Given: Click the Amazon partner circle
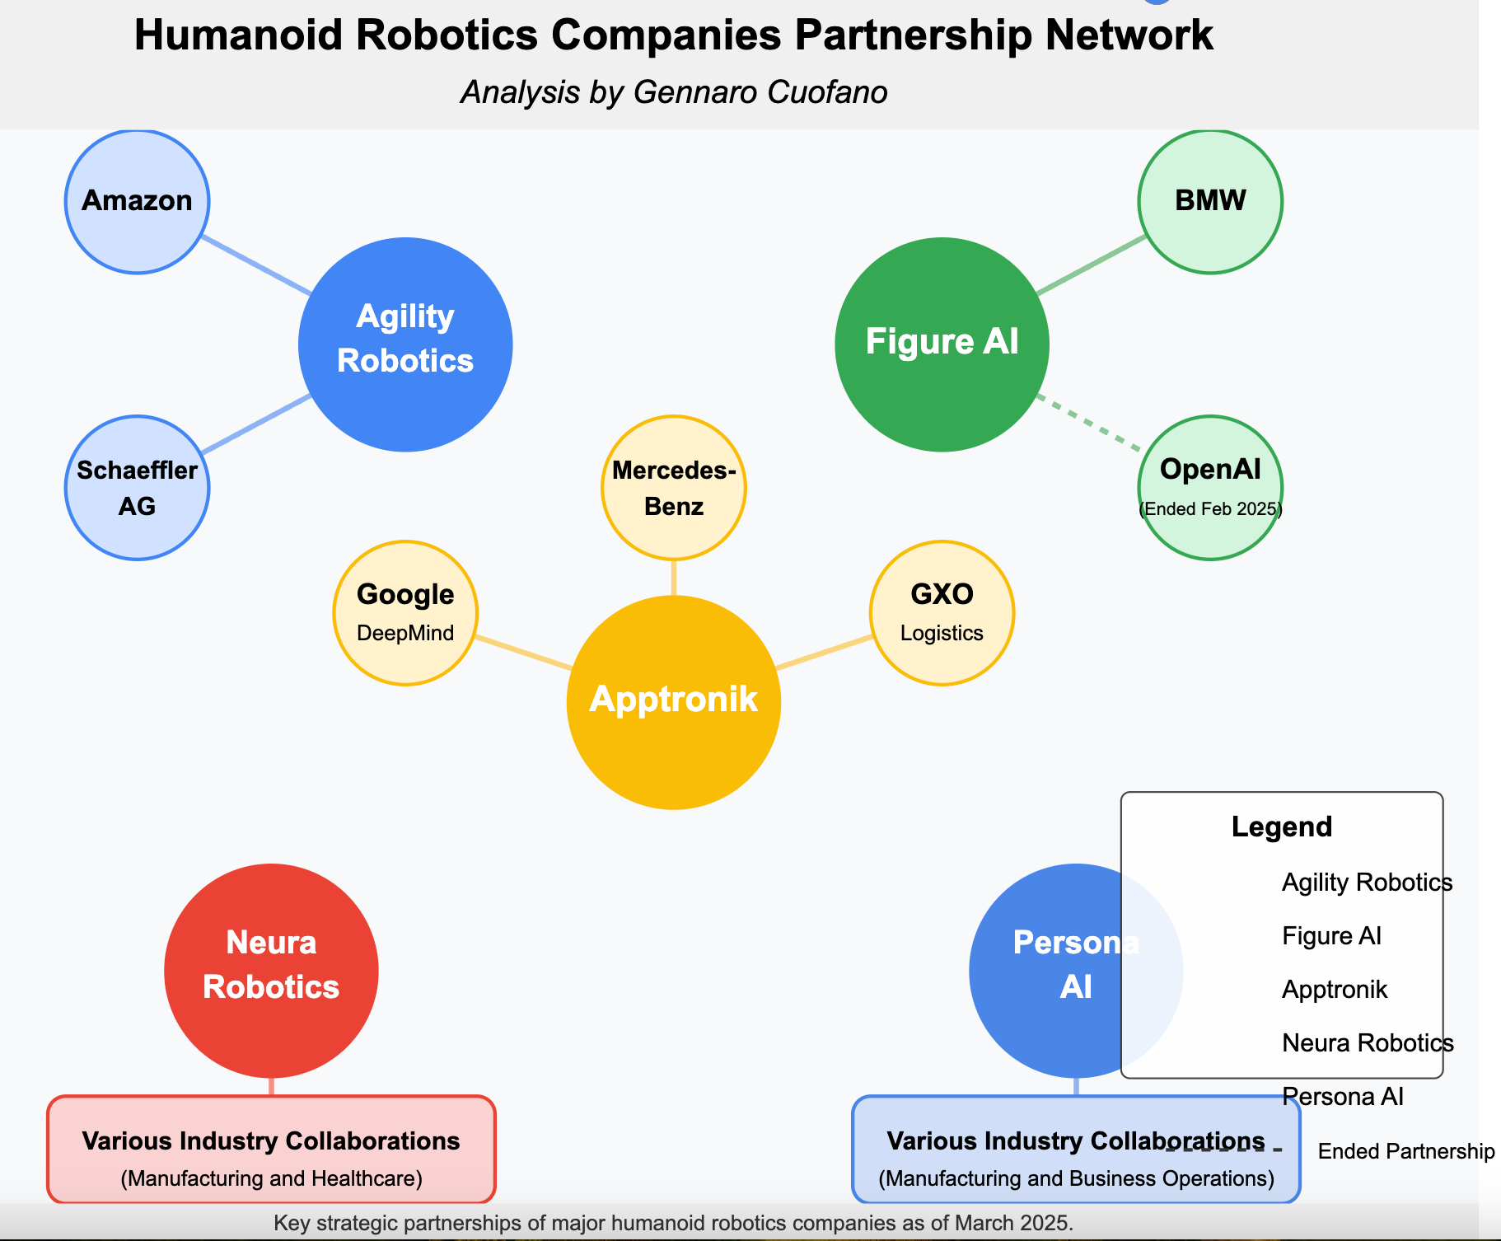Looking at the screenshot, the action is coord(137,201).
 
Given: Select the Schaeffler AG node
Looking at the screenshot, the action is coord(137,488).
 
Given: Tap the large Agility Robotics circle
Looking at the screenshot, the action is coord(405,344).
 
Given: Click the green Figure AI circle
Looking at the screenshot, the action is coord(942,344).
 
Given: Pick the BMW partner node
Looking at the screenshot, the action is coord(1210,201).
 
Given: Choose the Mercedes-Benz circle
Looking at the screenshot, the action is coord(674,488).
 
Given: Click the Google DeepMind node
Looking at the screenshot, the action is coord(405,613).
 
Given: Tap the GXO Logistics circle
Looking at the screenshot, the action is coord(942,613).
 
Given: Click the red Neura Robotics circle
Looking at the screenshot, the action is coord(271,971).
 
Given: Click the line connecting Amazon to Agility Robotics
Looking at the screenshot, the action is coord(256,265).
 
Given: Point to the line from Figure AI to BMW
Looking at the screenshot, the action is coord(1091,265).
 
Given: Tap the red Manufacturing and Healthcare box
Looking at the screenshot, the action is coord(271,1150).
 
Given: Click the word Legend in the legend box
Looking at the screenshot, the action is coord(1281,827).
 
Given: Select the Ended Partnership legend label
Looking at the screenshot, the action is coord(1405,1151).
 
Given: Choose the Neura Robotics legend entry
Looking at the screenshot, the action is coord(1368,1043).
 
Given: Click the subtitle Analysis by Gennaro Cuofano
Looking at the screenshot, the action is coord(674,92).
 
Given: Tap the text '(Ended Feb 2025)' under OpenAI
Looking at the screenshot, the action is coord(1210,509).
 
